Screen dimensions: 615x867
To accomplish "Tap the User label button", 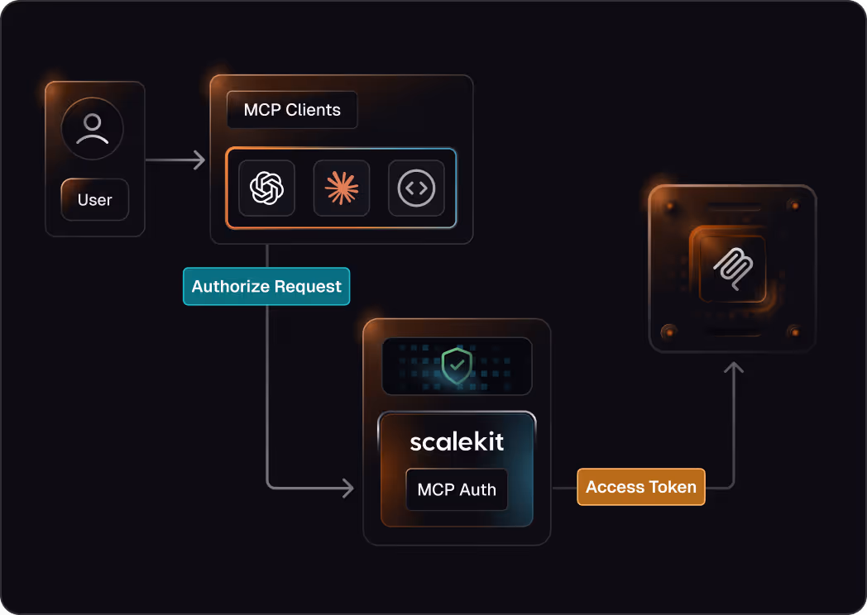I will click(x=94, y=200).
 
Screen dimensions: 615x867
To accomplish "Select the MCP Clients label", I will click(x=292, y=110).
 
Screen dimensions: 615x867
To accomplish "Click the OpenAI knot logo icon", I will click(x=266, y=188).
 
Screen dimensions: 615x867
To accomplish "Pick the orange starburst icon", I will click(x=342, y=188).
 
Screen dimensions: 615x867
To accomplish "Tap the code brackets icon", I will click(x=416, y=188).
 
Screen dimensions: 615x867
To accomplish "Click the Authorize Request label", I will click(x=266, y=287).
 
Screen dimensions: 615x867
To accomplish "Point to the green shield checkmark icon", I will click(x=457, y=365).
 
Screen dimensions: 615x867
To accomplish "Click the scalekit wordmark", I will click(x=457, y=441).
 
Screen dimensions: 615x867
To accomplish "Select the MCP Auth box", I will click(x=457, y=489).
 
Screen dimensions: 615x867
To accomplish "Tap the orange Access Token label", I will click(x=641, y=487).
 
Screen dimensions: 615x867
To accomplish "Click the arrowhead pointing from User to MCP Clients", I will click(x=199, y=160).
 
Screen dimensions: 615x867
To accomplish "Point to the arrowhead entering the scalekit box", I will click(x=348, y=488).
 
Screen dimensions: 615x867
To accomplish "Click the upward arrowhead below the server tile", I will click(x=732, y=367).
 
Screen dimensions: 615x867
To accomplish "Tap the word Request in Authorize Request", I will click(x=309, y=287).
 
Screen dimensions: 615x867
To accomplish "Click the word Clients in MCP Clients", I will click(x=314, y=110).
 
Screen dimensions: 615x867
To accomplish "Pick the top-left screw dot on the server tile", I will click(x=668, y=203).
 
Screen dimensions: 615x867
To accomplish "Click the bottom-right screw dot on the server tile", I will click(x=795, y=332).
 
